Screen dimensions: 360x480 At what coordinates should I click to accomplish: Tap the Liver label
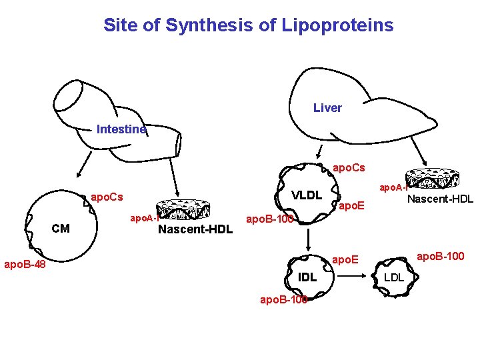(x=327, y=107)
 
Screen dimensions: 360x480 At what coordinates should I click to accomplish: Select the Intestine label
(x=121, y=129)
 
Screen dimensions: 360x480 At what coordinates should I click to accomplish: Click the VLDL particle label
(x=308, y=195)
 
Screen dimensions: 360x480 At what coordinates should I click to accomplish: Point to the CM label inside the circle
(x=61, y=229)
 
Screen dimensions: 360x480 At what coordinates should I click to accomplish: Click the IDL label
(x=307, y=277)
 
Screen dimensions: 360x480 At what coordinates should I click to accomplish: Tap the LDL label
(x=394, y=277)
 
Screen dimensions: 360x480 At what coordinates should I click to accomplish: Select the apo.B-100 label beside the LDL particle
(x=441, y=255)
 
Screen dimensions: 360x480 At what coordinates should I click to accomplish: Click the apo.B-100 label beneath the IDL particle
(x=283, y=299)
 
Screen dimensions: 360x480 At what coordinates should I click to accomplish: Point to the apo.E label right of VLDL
(x=351, y=207)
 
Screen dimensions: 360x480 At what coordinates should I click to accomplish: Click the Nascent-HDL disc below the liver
(x=433, y=177)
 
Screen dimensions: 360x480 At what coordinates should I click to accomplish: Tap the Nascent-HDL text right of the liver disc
(x=440, y=199)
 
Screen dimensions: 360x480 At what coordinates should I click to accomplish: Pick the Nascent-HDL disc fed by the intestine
(x=183, y=209)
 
